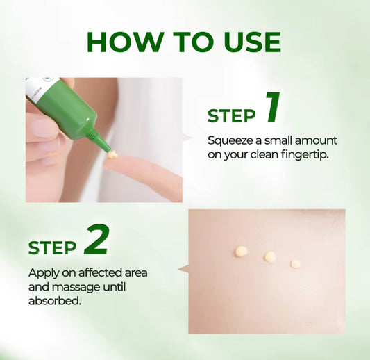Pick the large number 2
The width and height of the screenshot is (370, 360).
tap(96, 240)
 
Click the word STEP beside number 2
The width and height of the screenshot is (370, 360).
tap(53, 247)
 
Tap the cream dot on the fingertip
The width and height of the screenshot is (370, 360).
tap(112, 154)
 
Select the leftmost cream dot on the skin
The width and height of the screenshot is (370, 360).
tap(242, 251)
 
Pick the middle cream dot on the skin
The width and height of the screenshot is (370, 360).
tap(269, 256)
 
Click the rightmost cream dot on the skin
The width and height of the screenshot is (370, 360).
tap(295, 263)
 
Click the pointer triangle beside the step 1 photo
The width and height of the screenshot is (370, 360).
tap(187, 139)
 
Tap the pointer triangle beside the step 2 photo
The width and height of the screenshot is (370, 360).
tap(183, 268)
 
